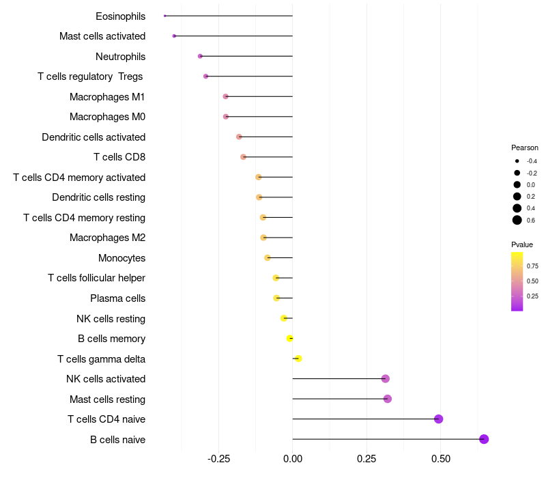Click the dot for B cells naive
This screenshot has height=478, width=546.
pos(484,439)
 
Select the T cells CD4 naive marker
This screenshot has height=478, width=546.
pos(439,419)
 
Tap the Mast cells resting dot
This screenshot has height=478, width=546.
pos(388,399)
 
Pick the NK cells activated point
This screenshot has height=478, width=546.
pos(386,378)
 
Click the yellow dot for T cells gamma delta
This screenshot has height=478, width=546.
pos(298,358)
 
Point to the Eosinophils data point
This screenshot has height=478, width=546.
pos(165,16)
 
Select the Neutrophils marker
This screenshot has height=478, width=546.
pos(200,56)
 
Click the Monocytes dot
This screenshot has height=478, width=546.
pos(268,257)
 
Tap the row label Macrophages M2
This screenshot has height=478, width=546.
pos(107,238)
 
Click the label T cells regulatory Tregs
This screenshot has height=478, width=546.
pos(90,76)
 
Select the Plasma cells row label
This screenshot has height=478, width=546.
pos(117,298)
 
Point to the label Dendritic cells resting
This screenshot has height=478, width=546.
pos(98,197)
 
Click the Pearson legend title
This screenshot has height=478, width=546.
pos(524,147)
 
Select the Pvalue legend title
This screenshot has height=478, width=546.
pos(522,244)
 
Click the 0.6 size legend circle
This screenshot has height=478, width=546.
pos(517,220)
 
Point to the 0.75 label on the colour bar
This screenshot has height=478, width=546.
pos(532,266)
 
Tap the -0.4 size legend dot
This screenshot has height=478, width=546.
pos(517,161)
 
